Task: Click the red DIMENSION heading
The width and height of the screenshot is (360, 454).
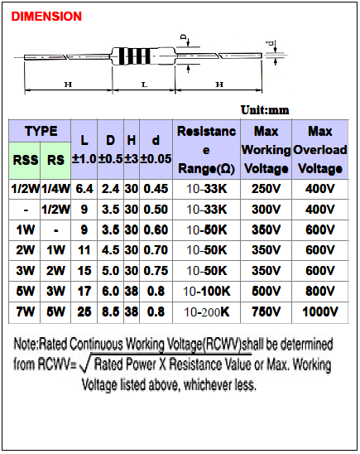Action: (x=46, y=17)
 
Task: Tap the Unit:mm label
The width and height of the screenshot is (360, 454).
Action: (x=265, y=110)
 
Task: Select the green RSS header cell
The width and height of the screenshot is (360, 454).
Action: (x=25, y=161)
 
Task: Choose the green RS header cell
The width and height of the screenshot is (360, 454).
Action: (x=55, y=161)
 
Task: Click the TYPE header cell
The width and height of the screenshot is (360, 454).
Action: (x=40, y=131)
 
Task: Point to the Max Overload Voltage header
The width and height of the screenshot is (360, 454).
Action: (x=320, y=150)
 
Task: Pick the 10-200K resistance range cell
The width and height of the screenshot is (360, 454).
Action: (x=206, y=312)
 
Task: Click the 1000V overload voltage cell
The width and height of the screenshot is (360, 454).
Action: (x=320, y=312)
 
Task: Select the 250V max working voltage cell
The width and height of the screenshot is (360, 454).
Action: (x=266, y=189)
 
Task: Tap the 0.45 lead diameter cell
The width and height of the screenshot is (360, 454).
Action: (x=156, y=189)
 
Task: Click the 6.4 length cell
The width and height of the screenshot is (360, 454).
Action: (x=84, y=189)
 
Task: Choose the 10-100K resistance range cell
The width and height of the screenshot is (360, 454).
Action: (x=206, y=292)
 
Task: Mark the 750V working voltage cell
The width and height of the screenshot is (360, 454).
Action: (x=266, y=312)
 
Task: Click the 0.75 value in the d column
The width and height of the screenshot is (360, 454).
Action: (x=156, y=271)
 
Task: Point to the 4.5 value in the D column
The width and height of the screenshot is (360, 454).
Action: (x=110, y=250)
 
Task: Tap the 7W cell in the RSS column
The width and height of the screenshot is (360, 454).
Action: (x=25, y=312)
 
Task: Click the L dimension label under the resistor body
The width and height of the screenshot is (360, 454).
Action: (x=144, y=85)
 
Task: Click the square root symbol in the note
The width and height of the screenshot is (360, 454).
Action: (x=84, y=365)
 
